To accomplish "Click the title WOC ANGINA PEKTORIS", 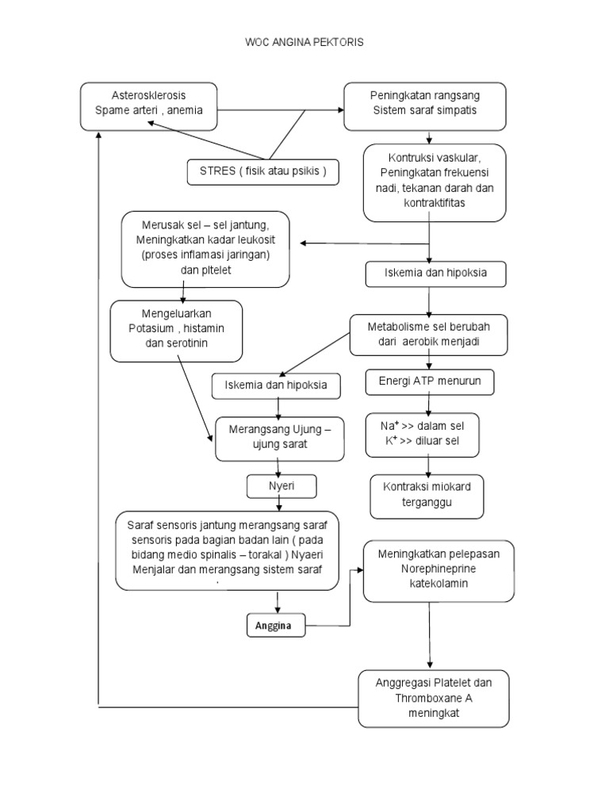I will (304, 43).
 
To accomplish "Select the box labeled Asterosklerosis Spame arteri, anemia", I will (148, 105).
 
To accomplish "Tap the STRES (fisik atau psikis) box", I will (263, 171).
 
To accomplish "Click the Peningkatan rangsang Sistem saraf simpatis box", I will (424, 105).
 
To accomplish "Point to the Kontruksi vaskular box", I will (434, 182).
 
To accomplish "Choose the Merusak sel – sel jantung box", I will (205, 248).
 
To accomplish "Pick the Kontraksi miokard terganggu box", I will (427, 496).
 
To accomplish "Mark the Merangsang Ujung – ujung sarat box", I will (280, 438).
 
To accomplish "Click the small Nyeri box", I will (281, 486).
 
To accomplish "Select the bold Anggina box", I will (274, 626).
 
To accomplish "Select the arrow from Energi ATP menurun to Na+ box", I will (429, 403).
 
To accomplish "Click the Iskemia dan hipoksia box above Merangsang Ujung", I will (277, 386).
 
